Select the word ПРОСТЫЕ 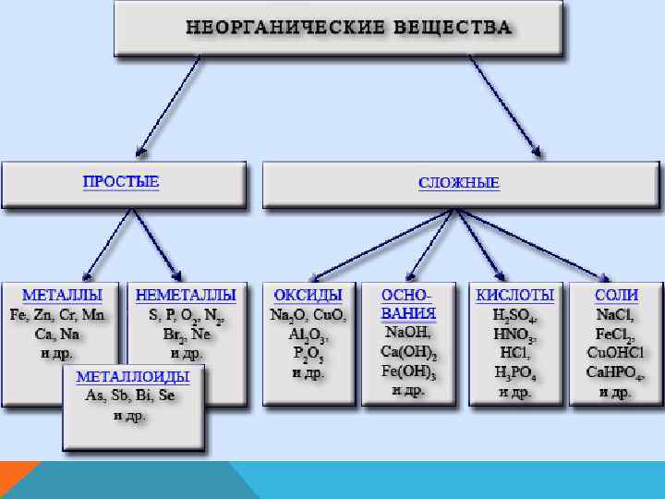tap(121, 181)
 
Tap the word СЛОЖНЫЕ tap(459, 182)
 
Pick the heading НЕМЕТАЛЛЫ tap(186, 295)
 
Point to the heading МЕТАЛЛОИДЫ tap(132, 377)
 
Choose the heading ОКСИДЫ tap(308, 295)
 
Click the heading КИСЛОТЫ tap(515, 295)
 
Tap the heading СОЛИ tap(616, 295)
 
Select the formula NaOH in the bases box tap(408, 332)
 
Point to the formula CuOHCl tap(615, 352)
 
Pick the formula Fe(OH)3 tap(408, 371)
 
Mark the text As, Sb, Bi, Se tap(131, 396)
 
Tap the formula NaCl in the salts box tap(616, 314)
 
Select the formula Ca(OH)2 tap(408, 352)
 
